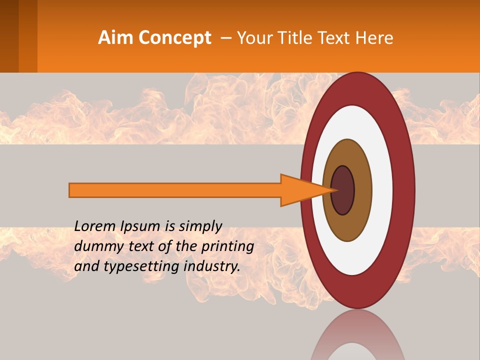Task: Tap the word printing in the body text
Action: coord(227,247)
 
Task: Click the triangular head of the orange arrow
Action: coord(300,190)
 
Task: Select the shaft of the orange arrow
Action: coord(175,190)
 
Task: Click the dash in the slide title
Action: coord(225,38)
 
